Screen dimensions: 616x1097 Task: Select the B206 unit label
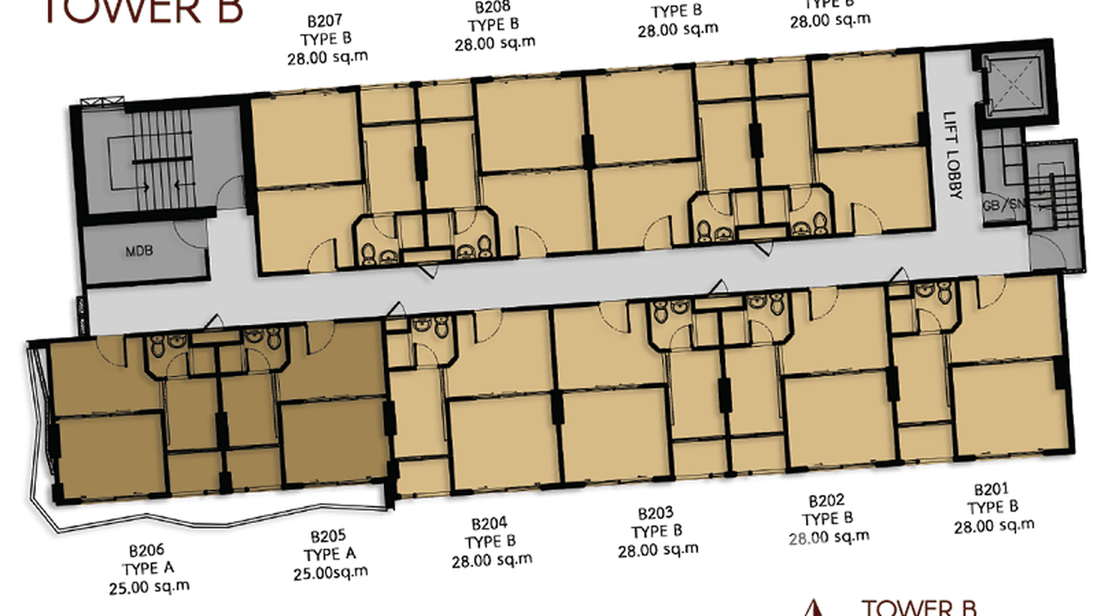point(146,551)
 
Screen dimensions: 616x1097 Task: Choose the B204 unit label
point(490,524)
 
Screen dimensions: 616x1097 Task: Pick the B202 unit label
point(826,501)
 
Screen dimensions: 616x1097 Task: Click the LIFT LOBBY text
point(952,155)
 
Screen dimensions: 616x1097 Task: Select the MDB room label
point(139,251)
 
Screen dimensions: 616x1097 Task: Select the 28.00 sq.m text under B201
point(994,525)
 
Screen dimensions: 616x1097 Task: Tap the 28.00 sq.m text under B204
point(491,560)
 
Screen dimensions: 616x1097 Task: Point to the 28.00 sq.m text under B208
point(495,43)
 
